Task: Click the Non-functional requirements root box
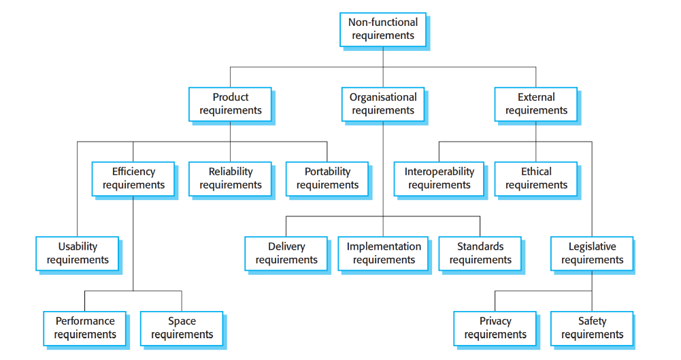click(382, 29)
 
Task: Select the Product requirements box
click(230, 104)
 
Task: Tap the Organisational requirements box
click(383, 104)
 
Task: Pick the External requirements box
click(535, 104)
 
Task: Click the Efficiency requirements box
click(133, 178)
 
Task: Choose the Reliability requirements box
click(230, 178)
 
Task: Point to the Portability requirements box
click(327, 178)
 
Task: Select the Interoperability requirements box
click(439, 178)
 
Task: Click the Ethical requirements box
click(536, 178)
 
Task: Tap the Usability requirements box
click(78, 253)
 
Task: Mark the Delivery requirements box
click(286, 253)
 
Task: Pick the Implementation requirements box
click(384, 253)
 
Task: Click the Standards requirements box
click(480, 253)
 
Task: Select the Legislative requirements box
click(592, 253)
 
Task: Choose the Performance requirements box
click(85, 328)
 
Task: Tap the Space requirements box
click(182, 328)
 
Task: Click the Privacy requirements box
click(495, 328)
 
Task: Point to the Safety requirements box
click(592, 328)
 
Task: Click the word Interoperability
click(439, 171)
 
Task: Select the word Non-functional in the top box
click(382, 22)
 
